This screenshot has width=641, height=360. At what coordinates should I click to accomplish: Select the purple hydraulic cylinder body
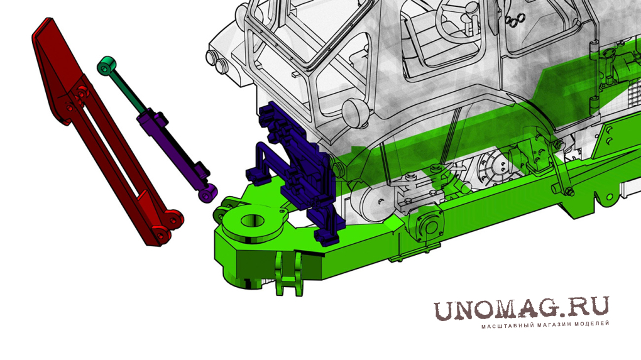pos(171,146)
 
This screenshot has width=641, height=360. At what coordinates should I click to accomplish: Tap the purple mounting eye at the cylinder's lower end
pos(209,192)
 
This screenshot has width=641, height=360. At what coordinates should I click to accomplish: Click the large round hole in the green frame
pos(253,221)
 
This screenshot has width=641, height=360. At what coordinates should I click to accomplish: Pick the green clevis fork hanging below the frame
pos(289,273)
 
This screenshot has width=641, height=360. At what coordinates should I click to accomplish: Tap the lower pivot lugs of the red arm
pos(168,227)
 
